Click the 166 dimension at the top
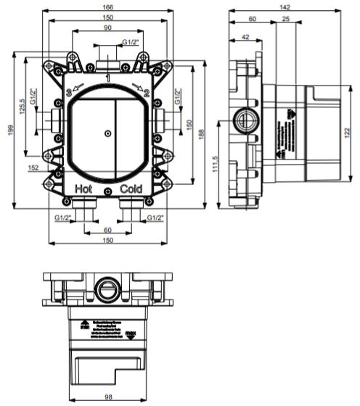[x=107, y=7]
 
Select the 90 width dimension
[x=107, y=28]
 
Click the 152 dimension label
[x=33, y=168]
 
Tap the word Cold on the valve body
[x=131, y=188]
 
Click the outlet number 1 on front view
[x=107, y=76]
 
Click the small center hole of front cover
[x=107, y=133]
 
